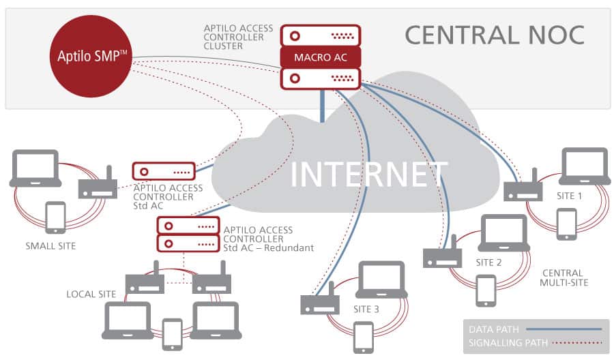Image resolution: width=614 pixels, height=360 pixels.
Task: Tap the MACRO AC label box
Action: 320,57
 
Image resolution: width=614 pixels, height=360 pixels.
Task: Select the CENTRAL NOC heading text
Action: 494,35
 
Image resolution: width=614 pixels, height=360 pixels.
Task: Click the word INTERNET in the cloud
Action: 369,174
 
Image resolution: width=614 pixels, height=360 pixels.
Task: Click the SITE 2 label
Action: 489,262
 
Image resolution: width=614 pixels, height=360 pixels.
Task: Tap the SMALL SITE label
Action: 50,245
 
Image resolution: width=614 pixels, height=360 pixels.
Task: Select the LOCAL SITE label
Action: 91,294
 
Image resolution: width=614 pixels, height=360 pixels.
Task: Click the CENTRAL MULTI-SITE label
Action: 564,277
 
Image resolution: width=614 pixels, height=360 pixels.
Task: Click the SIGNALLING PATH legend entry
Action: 508,343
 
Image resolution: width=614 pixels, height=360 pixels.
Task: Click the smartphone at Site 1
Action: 566,224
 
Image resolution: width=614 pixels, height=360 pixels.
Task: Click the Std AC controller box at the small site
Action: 164,170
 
